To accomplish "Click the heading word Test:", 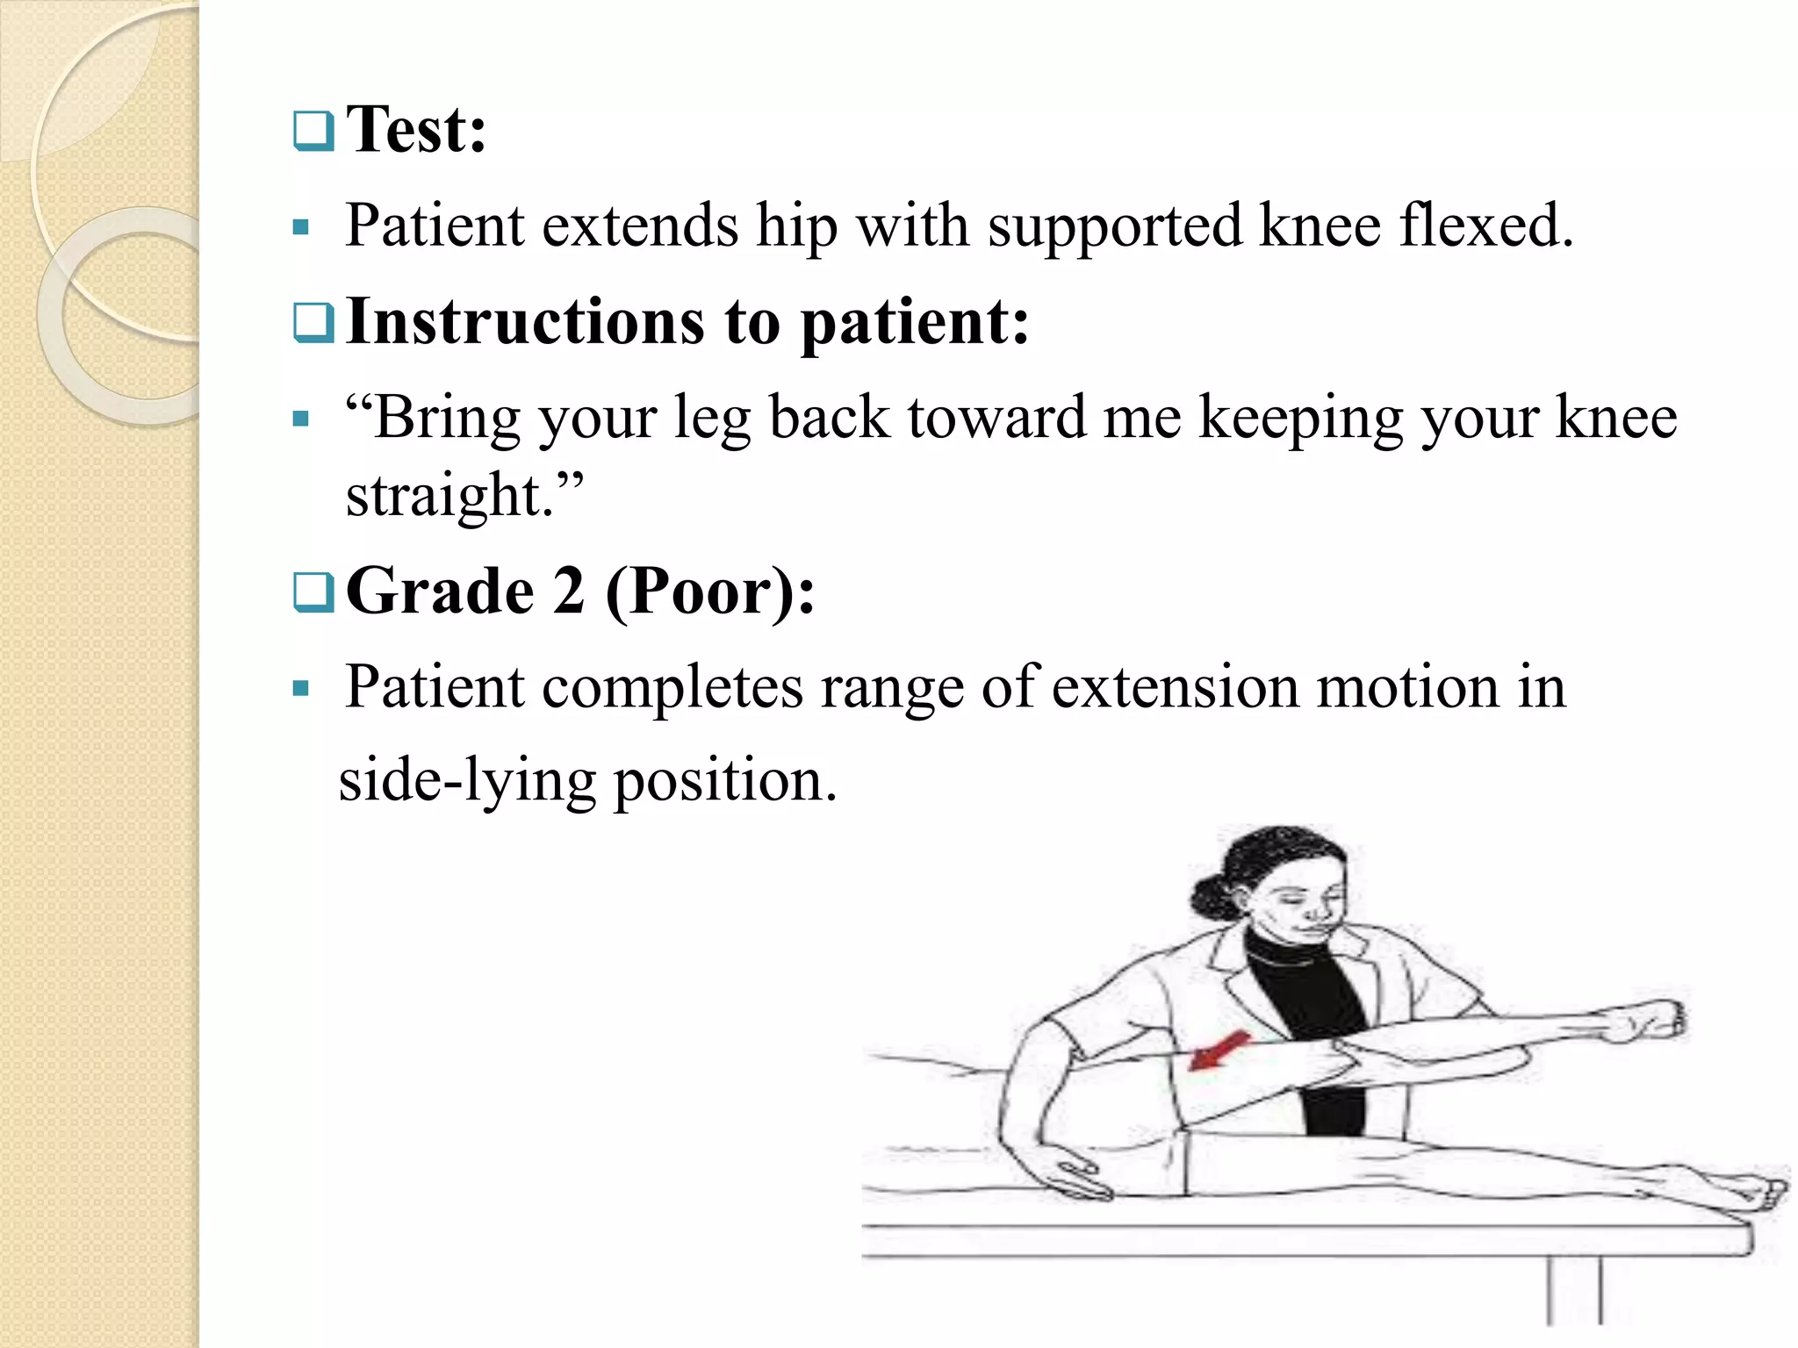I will [x=416, y=129].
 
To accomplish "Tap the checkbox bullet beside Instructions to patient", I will [x=313, y=323].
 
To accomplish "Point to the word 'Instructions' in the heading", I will [x=525, y=321].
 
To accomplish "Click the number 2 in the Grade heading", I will [x=569, y=591].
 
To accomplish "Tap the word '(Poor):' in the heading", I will [x=710, y=592].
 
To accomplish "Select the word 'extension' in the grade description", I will [x=1175, y=687].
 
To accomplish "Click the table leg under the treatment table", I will [x=1574, y=1290].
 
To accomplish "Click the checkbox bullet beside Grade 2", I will [x=313, y=592].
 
